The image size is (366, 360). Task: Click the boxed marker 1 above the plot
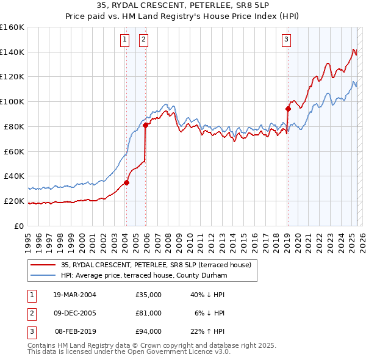tap(124, 40)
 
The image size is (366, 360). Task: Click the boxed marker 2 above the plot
tap(143, 40)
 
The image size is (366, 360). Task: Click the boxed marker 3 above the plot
tap(286, 40)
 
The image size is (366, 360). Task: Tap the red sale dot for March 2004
tap(127, 182)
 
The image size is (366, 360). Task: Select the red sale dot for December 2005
tap(146, 125)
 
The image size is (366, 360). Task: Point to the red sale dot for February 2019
tap(287, 109)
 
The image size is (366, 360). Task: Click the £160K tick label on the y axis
tap(12, 27)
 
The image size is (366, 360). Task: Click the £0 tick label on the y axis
tap(19, 226)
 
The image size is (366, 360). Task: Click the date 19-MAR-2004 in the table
tap(74, 295)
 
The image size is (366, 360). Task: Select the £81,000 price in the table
tap(149, 313)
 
